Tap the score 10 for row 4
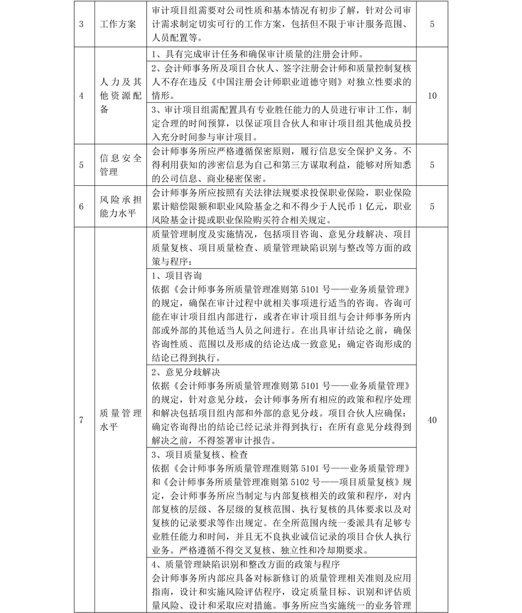(x=432, y=96)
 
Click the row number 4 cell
(x=81, y=96)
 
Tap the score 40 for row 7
(x=432, y=420)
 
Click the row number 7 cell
(x=81, y=420)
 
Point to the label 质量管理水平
(x=121, y=420)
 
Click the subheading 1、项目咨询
(x=177, y=276)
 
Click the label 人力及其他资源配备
(x=121, y=96)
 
